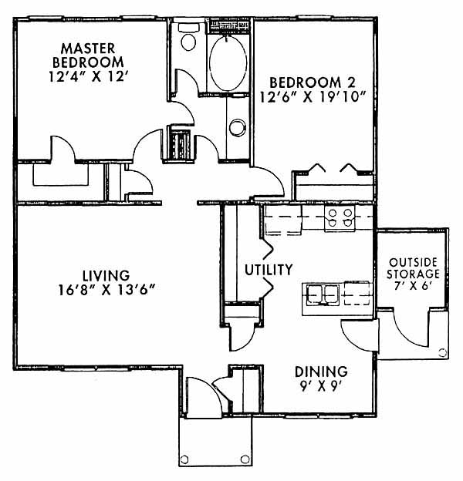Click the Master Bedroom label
click(88, 55)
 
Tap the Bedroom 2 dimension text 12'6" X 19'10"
click(313, 98)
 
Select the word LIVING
click(106, 275)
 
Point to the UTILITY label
click(269, 270)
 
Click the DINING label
click(321, 372)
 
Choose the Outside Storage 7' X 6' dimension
click(414, 286)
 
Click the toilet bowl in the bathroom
click(188, 42)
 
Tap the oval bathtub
click(228, 63)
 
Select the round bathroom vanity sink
click(238, 127)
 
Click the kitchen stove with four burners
click(340, 218)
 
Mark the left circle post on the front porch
click(184, 459)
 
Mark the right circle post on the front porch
click(245, 459)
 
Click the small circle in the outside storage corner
click(442, 353)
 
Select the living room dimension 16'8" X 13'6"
click(106, 290)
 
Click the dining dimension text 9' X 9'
click(321, 386)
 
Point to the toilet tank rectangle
click(188, 27)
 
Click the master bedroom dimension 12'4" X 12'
click(88, 76)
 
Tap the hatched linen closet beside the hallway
click(181, 144)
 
